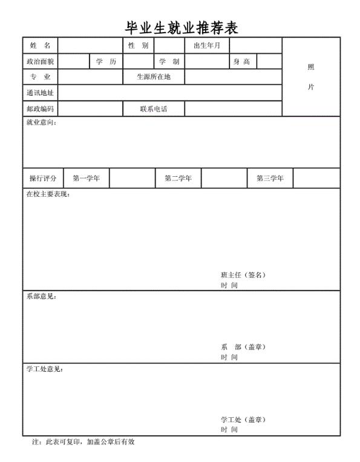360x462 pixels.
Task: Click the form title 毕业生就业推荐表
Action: (180, 27)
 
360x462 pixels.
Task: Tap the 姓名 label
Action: (40, 46)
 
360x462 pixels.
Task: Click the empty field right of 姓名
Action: (90, 46)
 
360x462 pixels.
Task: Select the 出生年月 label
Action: (206, 46)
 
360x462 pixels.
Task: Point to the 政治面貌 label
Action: (40, 62)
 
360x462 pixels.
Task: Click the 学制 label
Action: (169, 62)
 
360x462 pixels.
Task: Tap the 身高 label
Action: (242, 62)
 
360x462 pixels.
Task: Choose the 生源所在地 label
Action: (154, 77)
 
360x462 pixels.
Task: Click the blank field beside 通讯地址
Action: (169, 93)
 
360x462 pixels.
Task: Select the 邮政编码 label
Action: (40, 108)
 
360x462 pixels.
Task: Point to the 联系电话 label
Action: (154, 109)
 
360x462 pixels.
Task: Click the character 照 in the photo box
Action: (311, 67)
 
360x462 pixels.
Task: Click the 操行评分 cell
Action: (43, 178)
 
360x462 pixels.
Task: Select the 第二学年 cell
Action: (178, 178)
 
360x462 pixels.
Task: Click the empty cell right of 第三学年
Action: (316, 178)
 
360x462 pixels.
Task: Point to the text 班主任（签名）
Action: (243, 275)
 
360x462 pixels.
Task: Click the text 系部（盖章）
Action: (243, 347)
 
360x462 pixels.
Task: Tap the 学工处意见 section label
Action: (45, 369)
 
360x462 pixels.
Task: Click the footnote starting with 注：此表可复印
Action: (83, 442)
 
